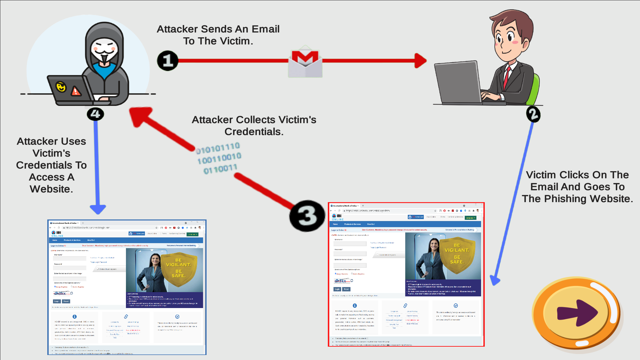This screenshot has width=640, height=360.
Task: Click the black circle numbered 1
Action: click(168, 61)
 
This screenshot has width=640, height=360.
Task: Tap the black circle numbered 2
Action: click(533, 114)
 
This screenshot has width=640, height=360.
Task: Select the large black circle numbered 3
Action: click(307, 216)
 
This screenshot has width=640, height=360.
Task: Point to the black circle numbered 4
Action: click(95, 114)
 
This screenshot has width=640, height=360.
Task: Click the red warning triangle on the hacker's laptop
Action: click(76, 91)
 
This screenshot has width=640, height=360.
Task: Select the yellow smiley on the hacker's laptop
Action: click(61, 87)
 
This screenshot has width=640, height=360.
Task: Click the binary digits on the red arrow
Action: click(219, 158)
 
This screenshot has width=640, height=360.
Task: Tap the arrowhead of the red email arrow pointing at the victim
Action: click(421, 61)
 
